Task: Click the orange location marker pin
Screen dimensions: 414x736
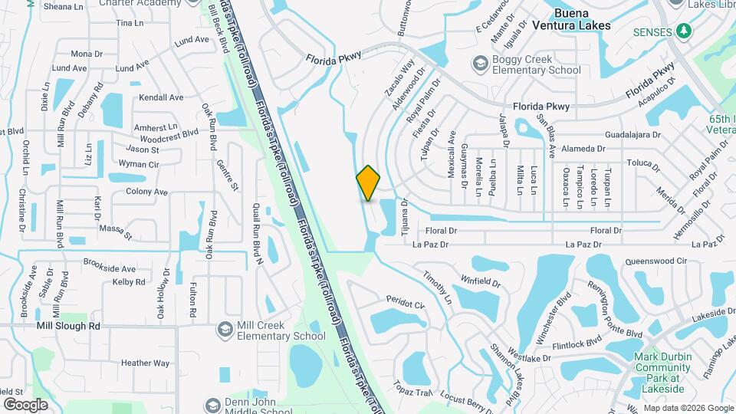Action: [368, 183]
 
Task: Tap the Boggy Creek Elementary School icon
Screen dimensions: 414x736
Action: [480, 62]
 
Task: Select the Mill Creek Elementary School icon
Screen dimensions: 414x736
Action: [225, 328]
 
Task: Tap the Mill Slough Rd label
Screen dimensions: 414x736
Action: [68, 325]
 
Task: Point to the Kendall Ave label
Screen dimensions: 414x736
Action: [161, 97]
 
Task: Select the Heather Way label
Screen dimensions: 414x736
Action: [145, 363]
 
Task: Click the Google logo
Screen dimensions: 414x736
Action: [25, 404]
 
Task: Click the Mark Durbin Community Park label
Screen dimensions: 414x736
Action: [662, 366]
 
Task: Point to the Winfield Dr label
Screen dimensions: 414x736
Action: [480, 282]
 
